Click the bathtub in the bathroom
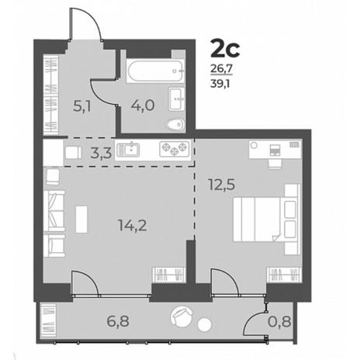(156, 71)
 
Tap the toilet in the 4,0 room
(175, 125)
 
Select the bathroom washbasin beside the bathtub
(177, 99)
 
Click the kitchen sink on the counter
(128, 150)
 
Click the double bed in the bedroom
(267, 219)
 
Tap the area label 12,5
(222, 185)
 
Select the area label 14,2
(133, 225)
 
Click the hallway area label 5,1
(81, 106)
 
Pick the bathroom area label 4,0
(143, 106)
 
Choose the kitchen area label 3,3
(101, 154)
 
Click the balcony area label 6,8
(118, 321)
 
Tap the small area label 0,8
(279, 322)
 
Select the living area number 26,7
(222, 69)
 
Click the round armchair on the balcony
(182, 317)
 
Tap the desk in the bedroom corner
(275, 149)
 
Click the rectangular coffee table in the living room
(81, 219)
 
